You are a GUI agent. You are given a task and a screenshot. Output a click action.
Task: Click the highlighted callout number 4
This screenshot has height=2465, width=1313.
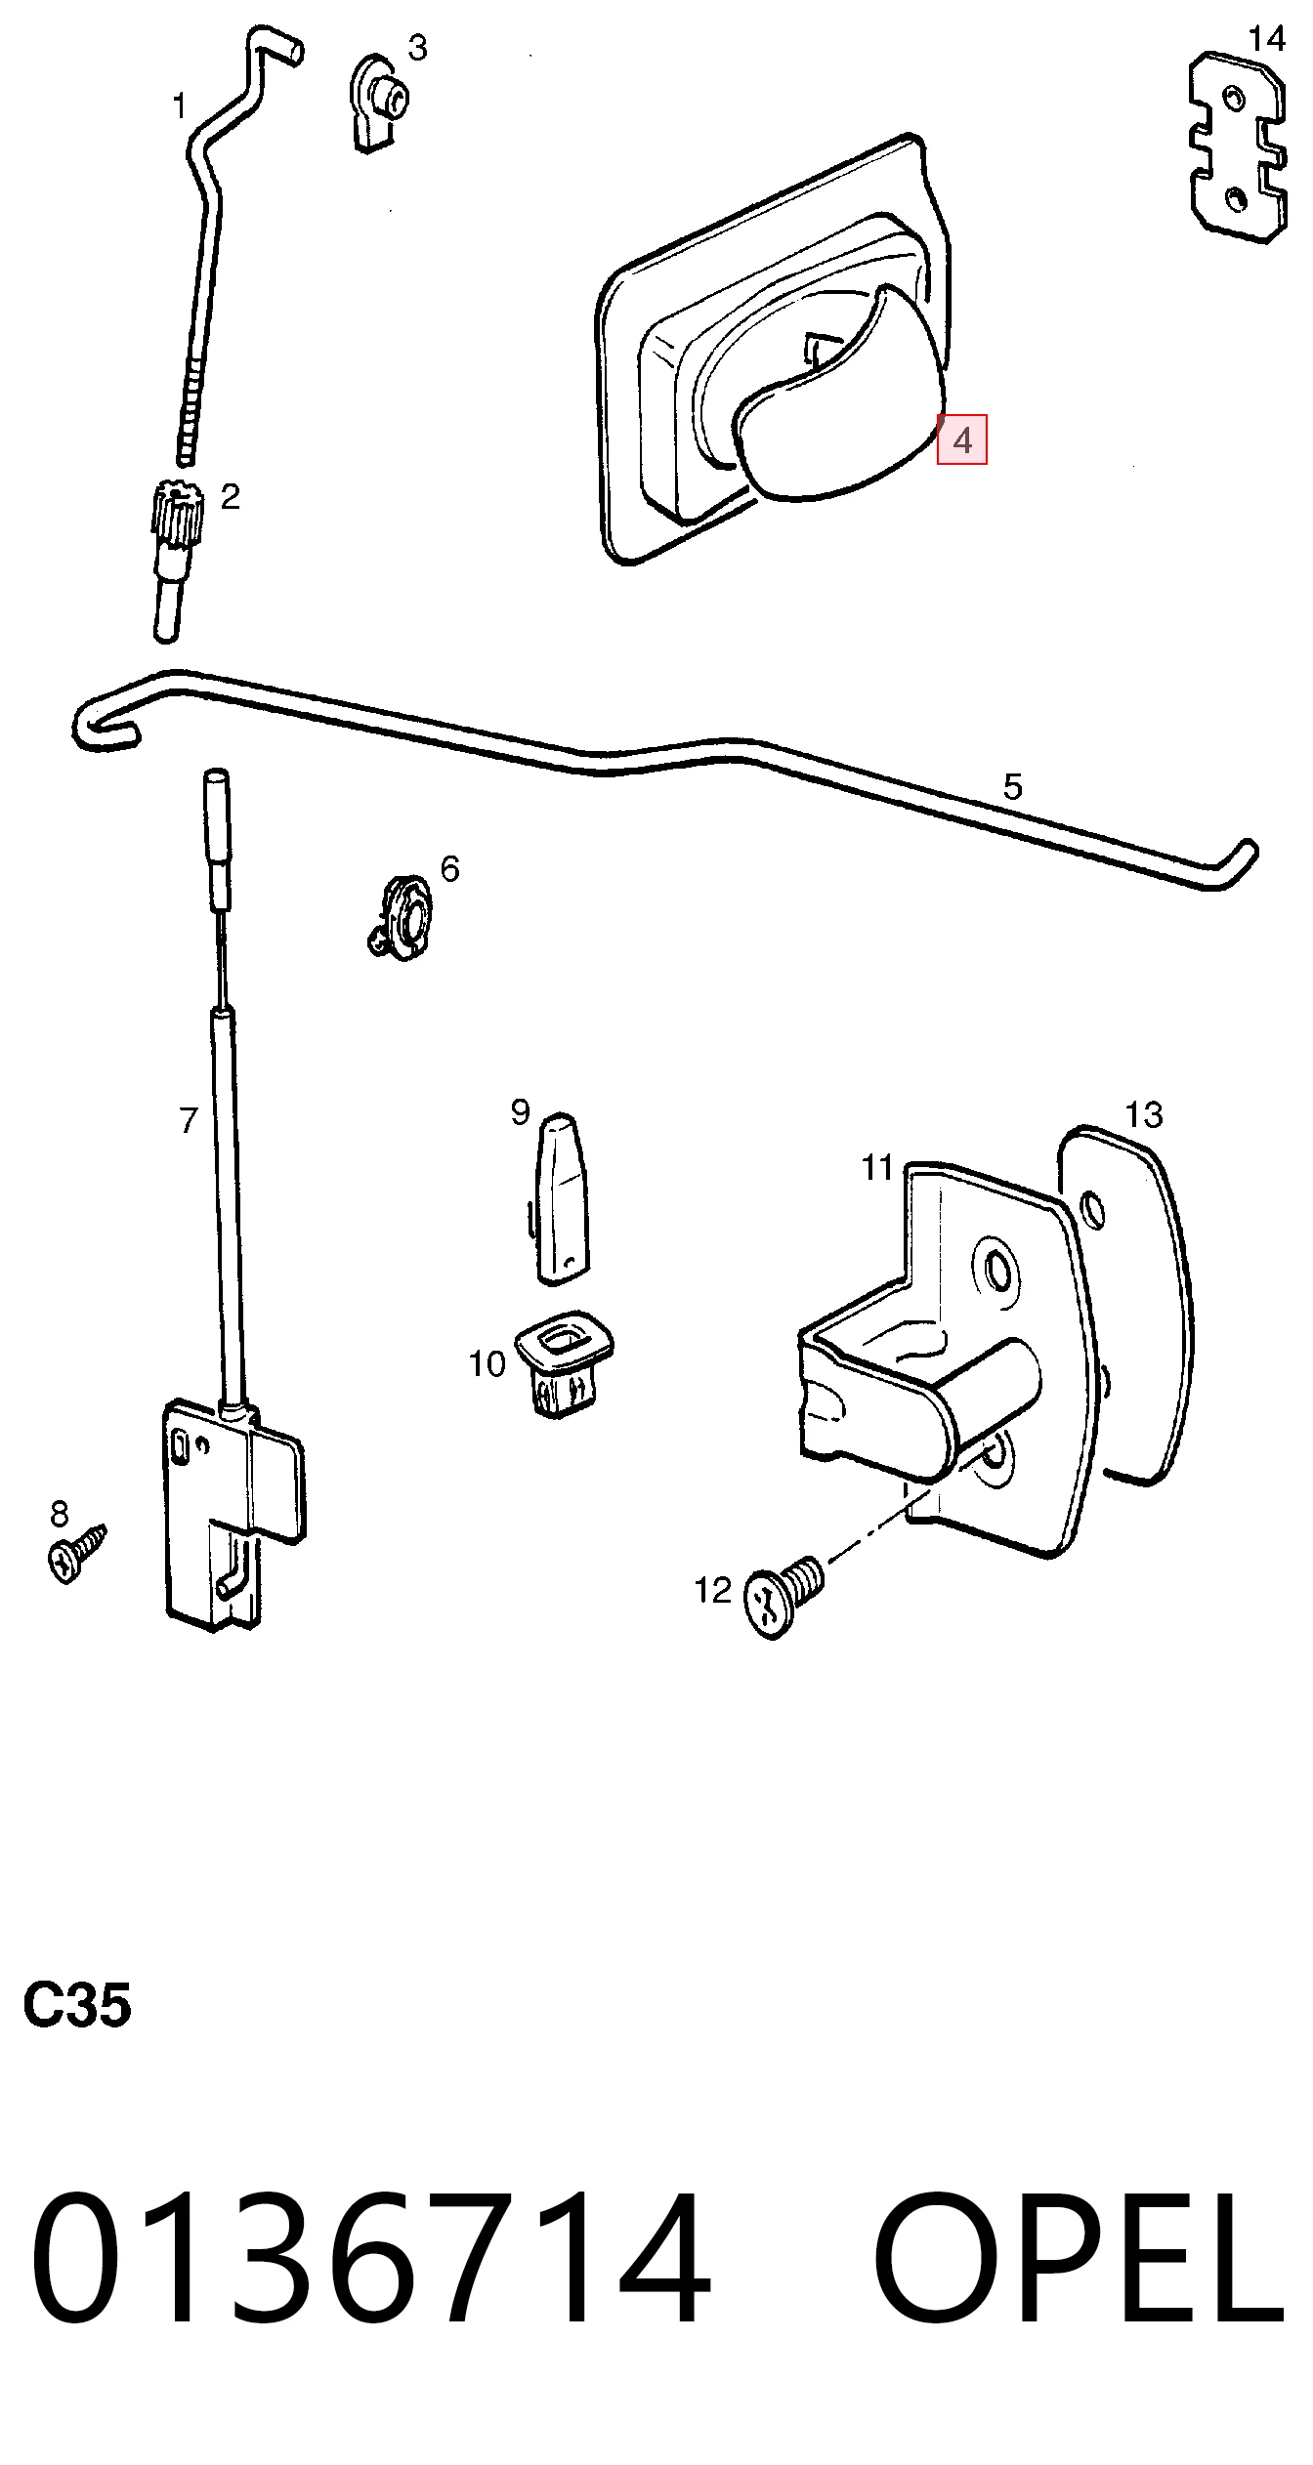click(962, 440)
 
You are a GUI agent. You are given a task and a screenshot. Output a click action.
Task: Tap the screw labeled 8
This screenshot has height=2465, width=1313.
click(75, 1845)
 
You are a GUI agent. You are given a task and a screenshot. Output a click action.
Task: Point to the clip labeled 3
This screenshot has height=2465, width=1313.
click(378, 104)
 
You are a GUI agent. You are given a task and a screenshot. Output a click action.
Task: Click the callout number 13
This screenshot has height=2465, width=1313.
click(1144, 1114)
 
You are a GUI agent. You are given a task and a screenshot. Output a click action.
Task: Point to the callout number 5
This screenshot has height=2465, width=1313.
click(1013, 786)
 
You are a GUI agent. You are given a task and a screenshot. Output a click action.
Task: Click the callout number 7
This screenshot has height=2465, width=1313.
click(190, 1120)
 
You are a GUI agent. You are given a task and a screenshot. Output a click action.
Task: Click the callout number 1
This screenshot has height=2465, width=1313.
click(180, 105)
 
